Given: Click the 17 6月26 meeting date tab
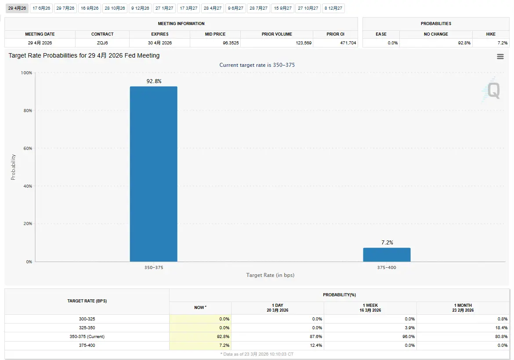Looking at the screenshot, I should click(41, 8).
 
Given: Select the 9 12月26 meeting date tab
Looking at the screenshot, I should click(140, 8).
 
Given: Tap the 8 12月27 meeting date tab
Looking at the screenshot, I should click(333, 8).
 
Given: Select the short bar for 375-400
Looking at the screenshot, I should click(387, 255).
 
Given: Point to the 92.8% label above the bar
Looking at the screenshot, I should click(154, 81).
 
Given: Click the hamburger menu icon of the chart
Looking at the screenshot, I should click(500, 57).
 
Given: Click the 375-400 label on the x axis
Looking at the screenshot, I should click(387, 267).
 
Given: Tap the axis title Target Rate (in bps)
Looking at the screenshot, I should click(270, 275).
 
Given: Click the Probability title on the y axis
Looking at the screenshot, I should click(13, 167).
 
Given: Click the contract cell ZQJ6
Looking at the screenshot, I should click(102, 43).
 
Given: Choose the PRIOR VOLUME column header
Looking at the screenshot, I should click(277, 34).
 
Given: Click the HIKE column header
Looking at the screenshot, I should click(491, 34).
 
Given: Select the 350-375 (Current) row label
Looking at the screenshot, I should click(87, 337).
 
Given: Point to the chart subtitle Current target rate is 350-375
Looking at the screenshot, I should click(257, 65).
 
